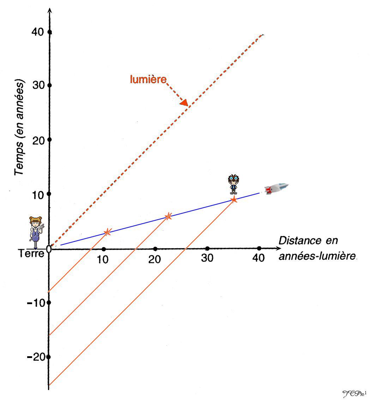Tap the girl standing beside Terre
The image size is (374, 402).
pyautogui.click(x=36, y=232)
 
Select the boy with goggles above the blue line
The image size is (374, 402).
pyautogui.click(x=233, y=184)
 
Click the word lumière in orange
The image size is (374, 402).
pyautogui.click(x=148, y=80)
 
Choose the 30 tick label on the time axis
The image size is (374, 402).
pyautogui.click(x=36, y=86)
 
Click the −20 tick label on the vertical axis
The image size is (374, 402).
pyautogui.click(x=35, y=357)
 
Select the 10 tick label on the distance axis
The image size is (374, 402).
pyautogui.click(x=103, y=259)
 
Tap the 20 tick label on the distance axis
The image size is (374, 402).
pyautogui.click(x=155, y=259)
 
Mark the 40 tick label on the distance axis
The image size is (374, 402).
pyautogui.click(x=258, y=258)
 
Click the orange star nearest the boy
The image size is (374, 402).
pyautogui.click(x=234, y=200)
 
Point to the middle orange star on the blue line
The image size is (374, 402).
pyautogui.click(x=168, y=216)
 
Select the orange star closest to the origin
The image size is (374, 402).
pyautogui.click(x=107, y=232)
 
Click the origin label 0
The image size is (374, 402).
pyautogui.click(x=49, y=249)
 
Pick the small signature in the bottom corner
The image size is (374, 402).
pyautogui.click(x=355, y=393)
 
